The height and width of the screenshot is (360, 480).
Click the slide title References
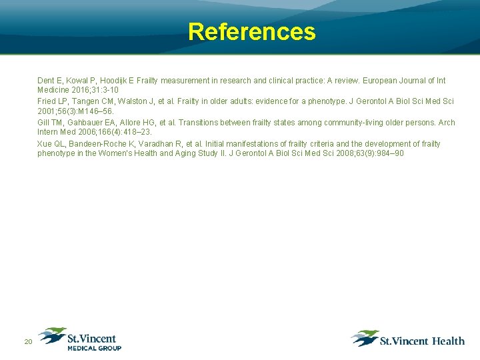[x=251, y=31]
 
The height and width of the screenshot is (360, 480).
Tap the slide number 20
[x=28, y=342]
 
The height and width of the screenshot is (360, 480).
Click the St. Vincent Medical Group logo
[x=80, y=339]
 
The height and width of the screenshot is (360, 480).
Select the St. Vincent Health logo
[x=408, y=339]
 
